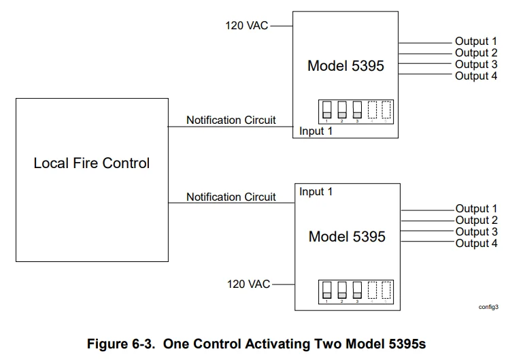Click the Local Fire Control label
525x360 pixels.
click(x=92, y=163)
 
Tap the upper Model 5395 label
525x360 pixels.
click(x=345, y=66)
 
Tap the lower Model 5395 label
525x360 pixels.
click(x=346, y=236)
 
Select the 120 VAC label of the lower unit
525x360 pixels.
click(x=248, y=284)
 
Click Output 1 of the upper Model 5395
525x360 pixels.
click(x=476, y=42)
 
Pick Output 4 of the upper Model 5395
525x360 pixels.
click(x=476, y=76)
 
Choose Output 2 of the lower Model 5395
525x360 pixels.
click(x=476, y=220)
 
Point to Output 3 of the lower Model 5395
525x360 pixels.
click(x=476, y=232)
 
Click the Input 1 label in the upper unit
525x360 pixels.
click(x=316, y=131)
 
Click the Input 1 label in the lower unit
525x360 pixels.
click(x=316, y=192)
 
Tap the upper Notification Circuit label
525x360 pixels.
click(x=231, y=120)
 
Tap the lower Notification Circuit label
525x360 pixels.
click(x=231, y=197)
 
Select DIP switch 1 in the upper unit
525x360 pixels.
click(x=326, y=110)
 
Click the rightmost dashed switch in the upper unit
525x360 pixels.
click(x=386, y=110)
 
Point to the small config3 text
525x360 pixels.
click(x=488, y=307)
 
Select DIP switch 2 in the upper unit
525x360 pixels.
click(x=341, y=110)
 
